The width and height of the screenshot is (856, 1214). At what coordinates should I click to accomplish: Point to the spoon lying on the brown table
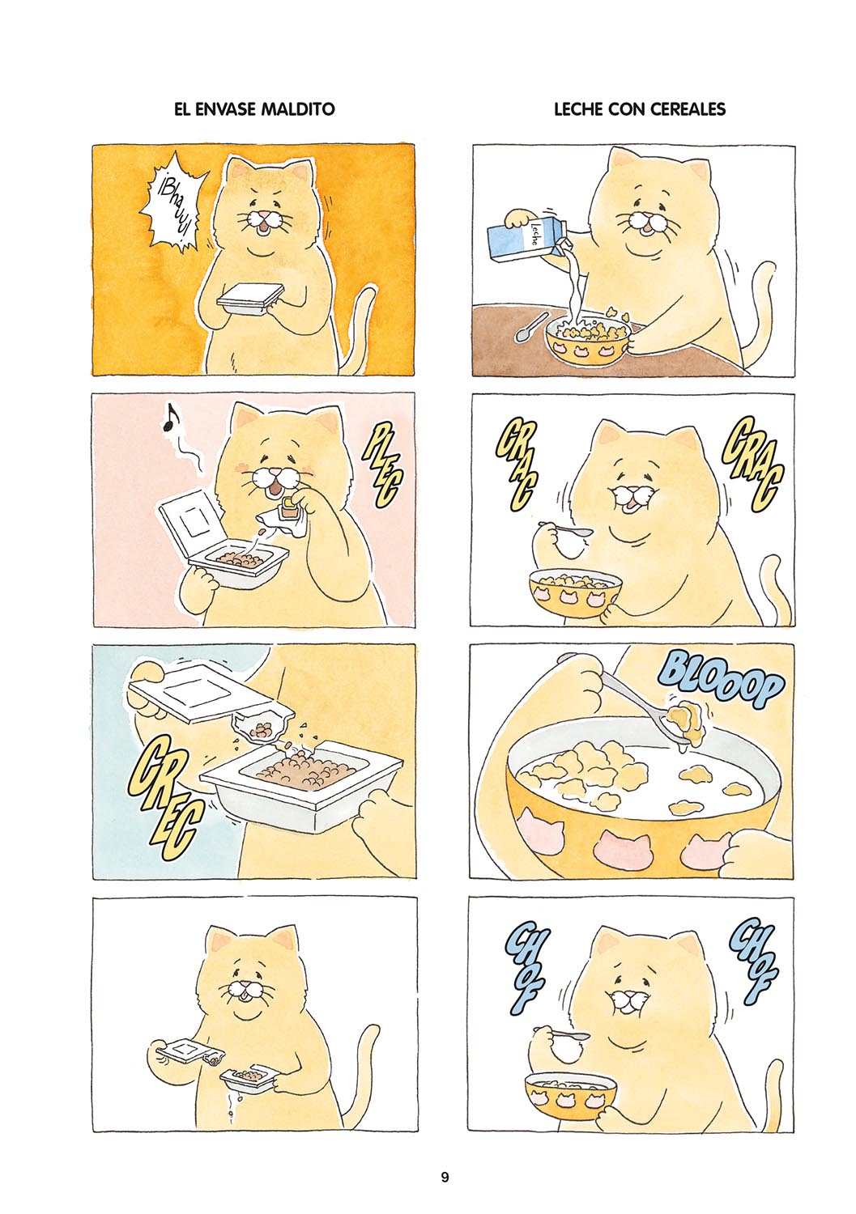[528, 327]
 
